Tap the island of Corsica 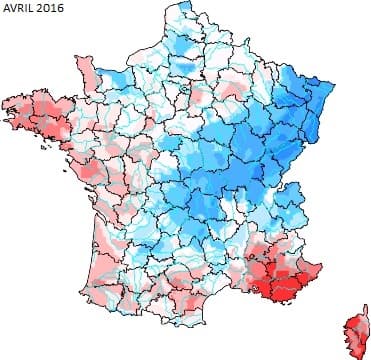point(354,326)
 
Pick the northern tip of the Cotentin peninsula point(84,56)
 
